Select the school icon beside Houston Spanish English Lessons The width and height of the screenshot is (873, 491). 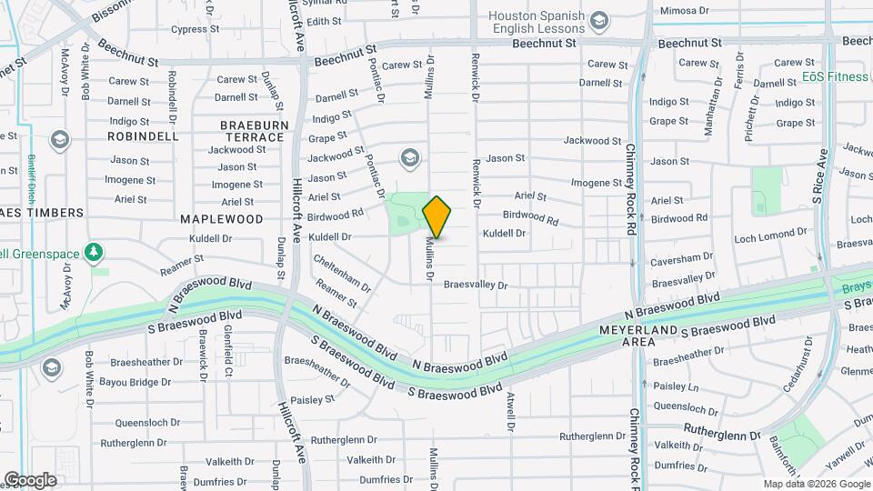click(x=599, y=20)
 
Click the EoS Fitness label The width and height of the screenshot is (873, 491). click(x=835, y=77)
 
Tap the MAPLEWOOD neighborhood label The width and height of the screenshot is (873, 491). click(x=221, y=219)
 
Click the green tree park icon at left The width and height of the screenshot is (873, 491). click(x=93, y=251)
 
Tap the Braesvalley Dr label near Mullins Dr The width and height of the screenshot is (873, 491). click(x=475, y=285)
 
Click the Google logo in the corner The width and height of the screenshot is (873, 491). click(x=29, y=480)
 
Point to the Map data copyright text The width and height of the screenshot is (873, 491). click(x=816, y=484)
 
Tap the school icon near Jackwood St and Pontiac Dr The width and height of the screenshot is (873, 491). click(x=409, y=159)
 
